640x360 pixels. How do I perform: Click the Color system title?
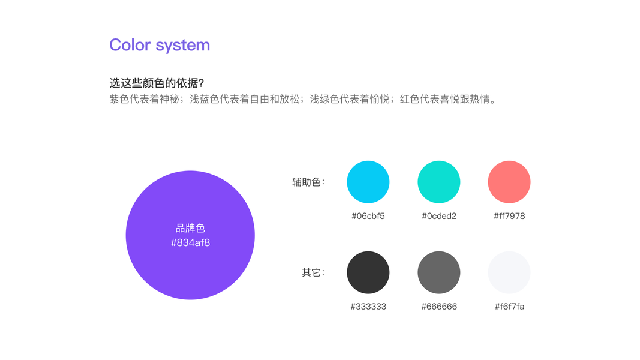click(160, 45)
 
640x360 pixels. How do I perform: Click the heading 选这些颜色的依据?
click(157, 83)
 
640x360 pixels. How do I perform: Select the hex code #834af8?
click(190, 243)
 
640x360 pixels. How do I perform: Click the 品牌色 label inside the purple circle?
click(190, 228)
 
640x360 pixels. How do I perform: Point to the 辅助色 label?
click(308, 182)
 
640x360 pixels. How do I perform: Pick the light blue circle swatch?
click(368, 182)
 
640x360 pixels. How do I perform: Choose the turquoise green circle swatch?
click(439, 182)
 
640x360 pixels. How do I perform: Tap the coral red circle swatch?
click(509, 182)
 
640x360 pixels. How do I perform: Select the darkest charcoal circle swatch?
click(368, 272)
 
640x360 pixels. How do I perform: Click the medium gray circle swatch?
click(439, 272)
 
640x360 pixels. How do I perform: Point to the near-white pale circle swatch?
click(509, 272)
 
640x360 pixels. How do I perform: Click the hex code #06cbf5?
click(368, 216)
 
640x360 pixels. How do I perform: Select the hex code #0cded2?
click(439, 216)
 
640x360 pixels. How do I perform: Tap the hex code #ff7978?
click(509, 216)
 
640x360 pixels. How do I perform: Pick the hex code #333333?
click(368, 307)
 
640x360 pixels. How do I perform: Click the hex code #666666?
click(439, 307)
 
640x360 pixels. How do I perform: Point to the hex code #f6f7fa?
click(509, 307)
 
